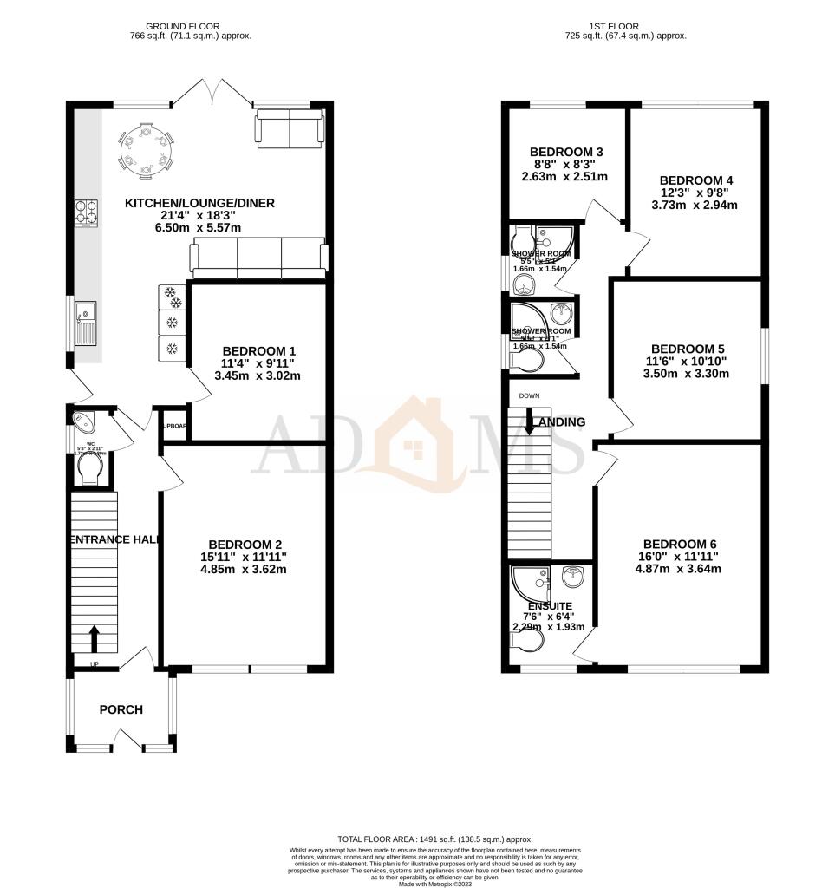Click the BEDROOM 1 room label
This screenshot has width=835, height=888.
258,350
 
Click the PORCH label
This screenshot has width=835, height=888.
121,709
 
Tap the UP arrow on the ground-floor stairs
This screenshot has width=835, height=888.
94,640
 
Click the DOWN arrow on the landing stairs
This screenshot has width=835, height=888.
529,424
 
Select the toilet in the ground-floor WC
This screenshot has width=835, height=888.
92,470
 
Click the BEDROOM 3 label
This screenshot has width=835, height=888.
566,152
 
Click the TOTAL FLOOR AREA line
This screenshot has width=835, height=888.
434,840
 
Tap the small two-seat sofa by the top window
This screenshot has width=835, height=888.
289,129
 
